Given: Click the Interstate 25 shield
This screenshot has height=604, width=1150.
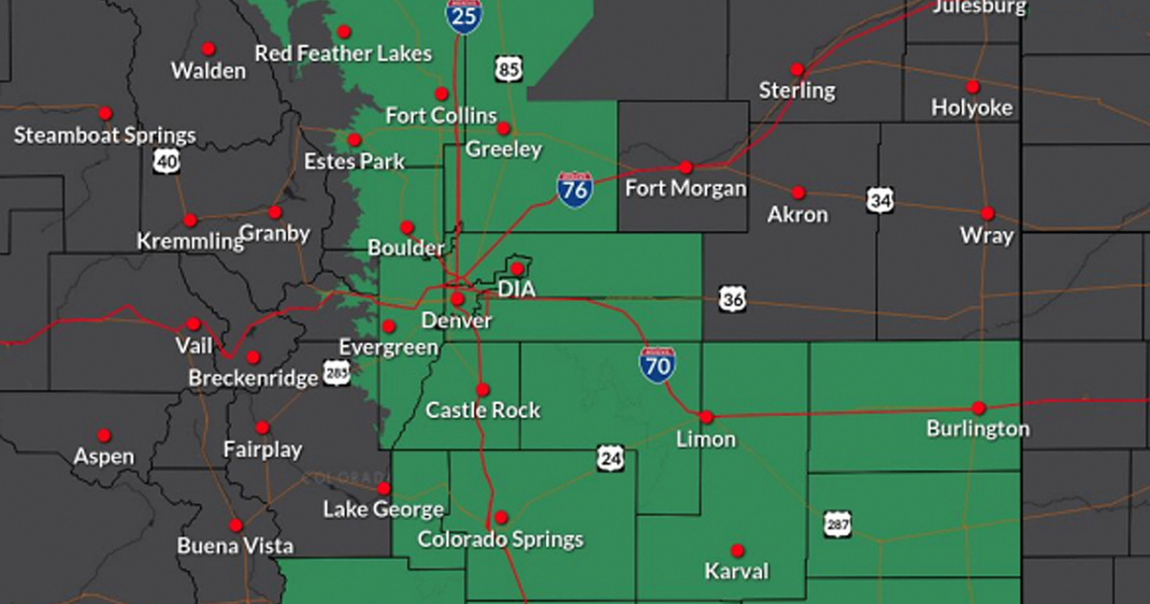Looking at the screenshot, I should coord(464,15).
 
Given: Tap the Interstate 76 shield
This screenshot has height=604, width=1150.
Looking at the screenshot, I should coord(574,189).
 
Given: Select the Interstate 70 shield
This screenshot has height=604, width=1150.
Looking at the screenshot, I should coord(657,365).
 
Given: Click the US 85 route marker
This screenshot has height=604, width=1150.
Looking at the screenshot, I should coord(510,68).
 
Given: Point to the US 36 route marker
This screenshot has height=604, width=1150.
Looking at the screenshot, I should coord(733,299).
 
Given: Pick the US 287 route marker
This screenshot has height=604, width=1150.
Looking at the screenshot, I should coord(837,523).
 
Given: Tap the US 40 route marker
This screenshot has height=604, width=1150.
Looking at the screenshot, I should coord(166,161).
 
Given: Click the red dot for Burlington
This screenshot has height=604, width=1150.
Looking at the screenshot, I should coord(978,407).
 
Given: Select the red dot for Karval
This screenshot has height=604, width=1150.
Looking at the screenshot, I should coord(737,550).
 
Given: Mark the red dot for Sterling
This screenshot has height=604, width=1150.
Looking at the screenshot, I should coord(796,70).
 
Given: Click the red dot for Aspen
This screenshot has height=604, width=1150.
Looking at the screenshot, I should coord(103,435).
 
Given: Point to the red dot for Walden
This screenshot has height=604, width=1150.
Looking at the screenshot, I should coord(208,49).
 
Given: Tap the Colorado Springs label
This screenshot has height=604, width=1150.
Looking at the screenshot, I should coord(500,539).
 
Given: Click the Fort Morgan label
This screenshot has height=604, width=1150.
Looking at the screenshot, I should coord(685,188).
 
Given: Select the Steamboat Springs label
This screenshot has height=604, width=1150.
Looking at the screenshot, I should coord(104,135).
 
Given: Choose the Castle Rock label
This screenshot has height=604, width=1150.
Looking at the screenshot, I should coord(483,410).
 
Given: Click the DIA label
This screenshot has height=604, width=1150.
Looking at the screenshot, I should coord(517,289).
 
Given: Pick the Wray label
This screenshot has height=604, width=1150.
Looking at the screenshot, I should coord(987,235).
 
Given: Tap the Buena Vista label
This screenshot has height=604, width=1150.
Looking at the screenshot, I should coord(235,546).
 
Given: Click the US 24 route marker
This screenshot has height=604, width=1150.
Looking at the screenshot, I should coord(610,458).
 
